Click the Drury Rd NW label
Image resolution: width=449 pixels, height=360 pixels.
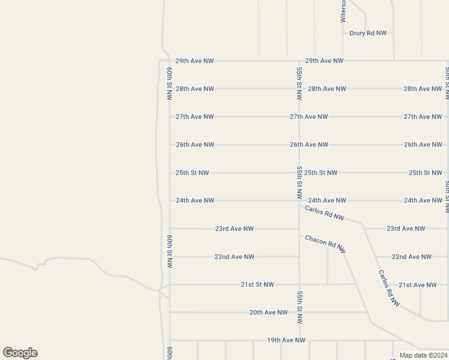pyautogui.click(x=368, y=33)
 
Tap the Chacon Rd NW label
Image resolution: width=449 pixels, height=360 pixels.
pyautogui.click(x=325, y=243)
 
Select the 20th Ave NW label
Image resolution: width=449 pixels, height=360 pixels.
pyautogui.click(x=268, y=313)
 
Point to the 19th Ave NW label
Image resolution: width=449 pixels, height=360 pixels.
pyautogui.click(x=286, y=340)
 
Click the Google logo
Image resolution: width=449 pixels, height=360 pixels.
pyautogui.click(x=20, y=353)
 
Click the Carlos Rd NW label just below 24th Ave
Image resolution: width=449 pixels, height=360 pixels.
pyautogui.click(x=324, y=212)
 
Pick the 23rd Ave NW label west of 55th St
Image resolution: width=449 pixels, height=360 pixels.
pyautogui.click(x=234, y=229)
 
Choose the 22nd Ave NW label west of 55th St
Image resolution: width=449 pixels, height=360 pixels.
pyautogui.click(x=234, y=257)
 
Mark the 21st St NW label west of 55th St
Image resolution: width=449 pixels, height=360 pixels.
pyautogui.click(x=257, y=284)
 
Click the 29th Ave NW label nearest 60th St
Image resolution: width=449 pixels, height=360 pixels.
pyautogui.click(x=194, y=61)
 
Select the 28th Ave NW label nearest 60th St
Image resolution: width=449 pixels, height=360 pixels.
pyautogui.click(x=194, y=89)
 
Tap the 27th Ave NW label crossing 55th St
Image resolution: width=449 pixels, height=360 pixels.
pyautogui.click(x=309, y=116)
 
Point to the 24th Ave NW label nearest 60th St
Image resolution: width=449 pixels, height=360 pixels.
pyautogui.click(x=194, y=200)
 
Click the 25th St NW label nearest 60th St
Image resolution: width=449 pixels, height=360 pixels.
pyautogui.click(x=192, y=173)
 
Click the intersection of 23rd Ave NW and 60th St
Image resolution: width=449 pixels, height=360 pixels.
pyautogui.click(x=170, y=229)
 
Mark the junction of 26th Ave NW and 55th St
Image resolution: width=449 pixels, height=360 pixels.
pyautogui.click(x=299, y=145)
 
